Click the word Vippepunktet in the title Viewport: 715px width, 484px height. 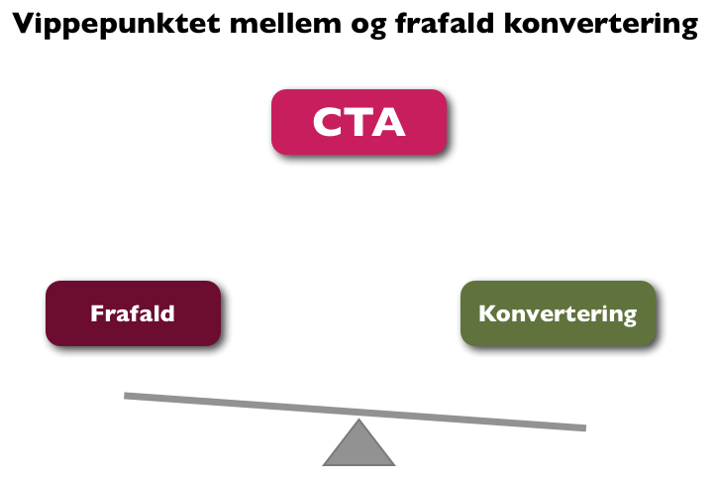tap(117, 25)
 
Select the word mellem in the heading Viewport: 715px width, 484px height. tap(285, 23)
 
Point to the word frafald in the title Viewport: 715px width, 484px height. tap(445, 23)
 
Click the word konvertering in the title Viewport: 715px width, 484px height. tap(601, 25)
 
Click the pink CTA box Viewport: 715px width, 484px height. tap(358, 122)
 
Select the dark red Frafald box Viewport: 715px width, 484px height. tap(133, 313)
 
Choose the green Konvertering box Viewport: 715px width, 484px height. tap(559, 313)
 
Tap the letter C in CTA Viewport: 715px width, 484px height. tap(328, 122)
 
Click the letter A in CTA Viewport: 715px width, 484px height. tap(387, 122)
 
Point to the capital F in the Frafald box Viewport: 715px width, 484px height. tap(97, 313)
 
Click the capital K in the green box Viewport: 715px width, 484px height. tap(487, 313)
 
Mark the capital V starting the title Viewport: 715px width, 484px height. tap(24, 23)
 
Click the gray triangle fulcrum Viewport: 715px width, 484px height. tap(358, 447)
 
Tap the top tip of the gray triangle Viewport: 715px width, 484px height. tap(358, 420)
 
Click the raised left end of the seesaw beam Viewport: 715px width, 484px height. tap(125, 396)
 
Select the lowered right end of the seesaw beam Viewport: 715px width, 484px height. tap(585, 427)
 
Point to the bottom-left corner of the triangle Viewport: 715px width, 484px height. tap(323, 465)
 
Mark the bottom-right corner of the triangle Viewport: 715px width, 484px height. tap(394, 465)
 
